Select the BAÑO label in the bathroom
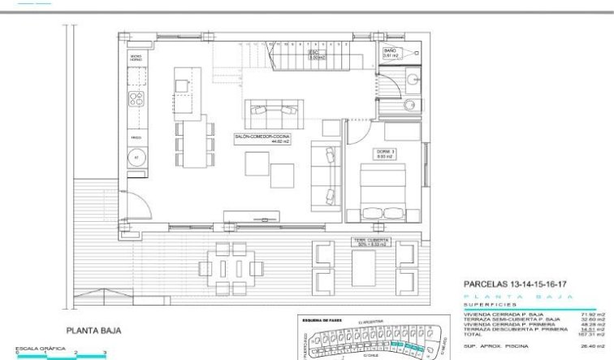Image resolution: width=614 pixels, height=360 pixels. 391,53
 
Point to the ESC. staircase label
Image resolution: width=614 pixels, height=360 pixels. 315,55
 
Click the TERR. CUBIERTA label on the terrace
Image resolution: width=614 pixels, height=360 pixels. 372,242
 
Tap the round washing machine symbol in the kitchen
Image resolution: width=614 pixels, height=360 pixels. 136,157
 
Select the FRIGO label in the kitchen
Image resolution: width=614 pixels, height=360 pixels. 136,139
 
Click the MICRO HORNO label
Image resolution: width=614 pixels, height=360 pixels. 136,59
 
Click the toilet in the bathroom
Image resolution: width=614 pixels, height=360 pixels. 412,80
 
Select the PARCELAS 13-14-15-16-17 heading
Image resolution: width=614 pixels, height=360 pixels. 514,284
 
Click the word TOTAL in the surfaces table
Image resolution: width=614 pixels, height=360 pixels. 472,334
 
